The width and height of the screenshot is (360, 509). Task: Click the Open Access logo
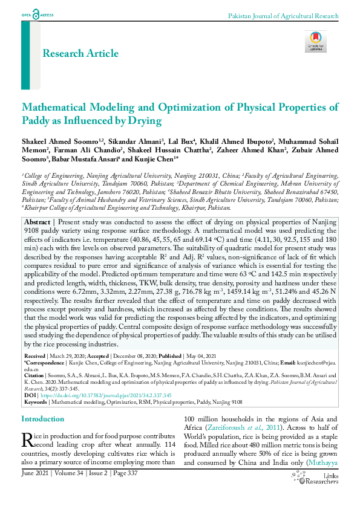click(x=38, y=13)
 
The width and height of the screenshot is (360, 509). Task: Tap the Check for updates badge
click(x=316, y=41)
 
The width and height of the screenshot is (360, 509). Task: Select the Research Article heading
click(x=80, y=54)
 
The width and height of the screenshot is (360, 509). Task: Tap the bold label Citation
click(x=34, y=375)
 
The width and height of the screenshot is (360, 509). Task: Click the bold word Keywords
click(x=36, y=401)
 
